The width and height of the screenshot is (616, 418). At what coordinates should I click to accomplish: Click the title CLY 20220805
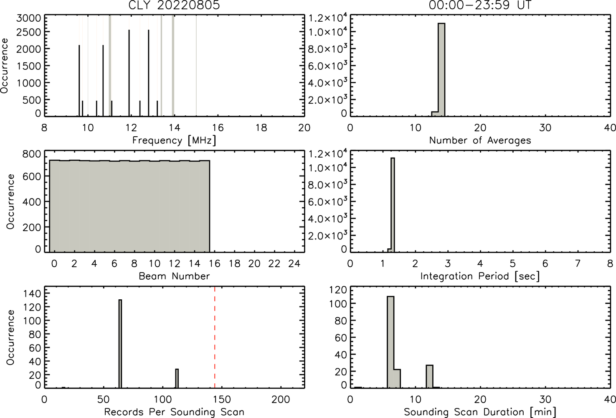pos(174,5)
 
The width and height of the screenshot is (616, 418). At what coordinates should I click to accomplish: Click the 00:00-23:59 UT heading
pos(480,5)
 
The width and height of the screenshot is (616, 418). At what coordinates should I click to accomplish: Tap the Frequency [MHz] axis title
pos(174,140)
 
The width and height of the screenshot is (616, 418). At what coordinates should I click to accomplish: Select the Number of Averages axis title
pos(480,140)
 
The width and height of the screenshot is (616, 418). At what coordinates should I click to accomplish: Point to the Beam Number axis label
pos(174,276)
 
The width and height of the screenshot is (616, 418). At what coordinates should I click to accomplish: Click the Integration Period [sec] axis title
pos(480,276)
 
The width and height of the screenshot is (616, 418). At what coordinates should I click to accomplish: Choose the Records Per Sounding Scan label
pos(174,412)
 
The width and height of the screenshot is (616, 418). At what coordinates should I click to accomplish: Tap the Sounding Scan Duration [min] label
pos(480,412)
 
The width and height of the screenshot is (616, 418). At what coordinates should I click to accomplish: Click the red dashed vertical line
pos(215,337)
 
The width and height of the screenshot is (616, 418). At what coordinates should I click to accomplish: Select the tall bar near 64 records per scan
pos(120,344)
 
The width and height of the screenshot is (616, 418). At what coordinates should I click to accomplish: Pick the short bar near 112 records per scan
pos(177,378)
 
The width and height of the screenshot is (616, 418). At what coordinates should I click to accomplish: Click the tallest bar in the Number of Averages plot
pos(441,70)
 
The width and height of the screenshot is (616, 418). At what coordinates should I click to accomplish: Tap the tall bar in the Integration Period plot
pos(393,205)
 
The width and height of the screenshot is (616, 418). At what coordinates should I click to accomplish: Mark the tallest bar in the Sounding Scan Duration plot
pos(390,342)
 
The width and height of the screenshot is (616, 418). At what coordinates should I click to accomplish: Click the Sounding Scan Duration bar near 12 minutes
pos(430,377)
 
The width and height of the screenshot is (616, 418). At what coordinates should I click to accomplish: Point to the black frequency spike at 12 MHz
pos(129,73)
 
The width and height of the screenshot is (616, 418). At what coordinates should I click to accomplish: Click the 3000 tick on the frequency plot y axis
pos(28,18)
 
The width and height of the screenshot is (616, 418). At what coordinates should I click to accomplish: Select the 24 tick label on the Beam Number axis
pos(294,264)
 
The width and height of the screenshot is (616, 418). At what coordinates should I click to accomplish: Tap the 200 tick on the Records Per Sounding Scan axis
pos(281,399)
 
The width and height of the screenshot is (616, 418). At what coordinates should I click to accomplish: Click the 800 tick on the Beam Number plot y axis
pos(31,154)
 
